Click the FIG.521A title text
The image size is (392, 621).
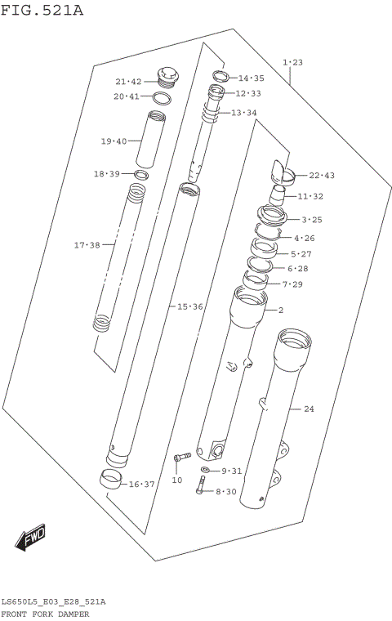(42, 10)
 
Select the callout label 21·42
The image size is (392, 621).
(128, 82)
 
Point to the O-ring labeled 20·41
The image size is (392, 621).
(162, 98)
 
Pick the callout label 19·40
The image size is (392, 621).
(114, 141)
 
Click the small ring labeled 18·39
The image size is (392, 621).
(141, 174)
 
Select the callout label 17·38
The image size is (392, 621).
(87, 245)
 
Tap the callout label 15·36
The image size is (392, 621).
(189, 306)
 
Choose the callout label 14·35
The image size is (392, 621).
(251, 78)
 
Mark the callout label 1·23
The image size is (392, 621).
(292, 62)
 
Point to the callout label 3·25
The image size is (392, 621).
(312, 220)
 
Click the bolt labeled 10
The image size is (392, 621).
(182, 457)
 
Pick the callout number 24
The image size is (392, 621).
(309, 409)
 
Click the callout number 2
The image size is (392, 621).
(280, 310)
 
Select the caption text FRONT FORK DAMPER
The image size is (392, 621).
(45, 613)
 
